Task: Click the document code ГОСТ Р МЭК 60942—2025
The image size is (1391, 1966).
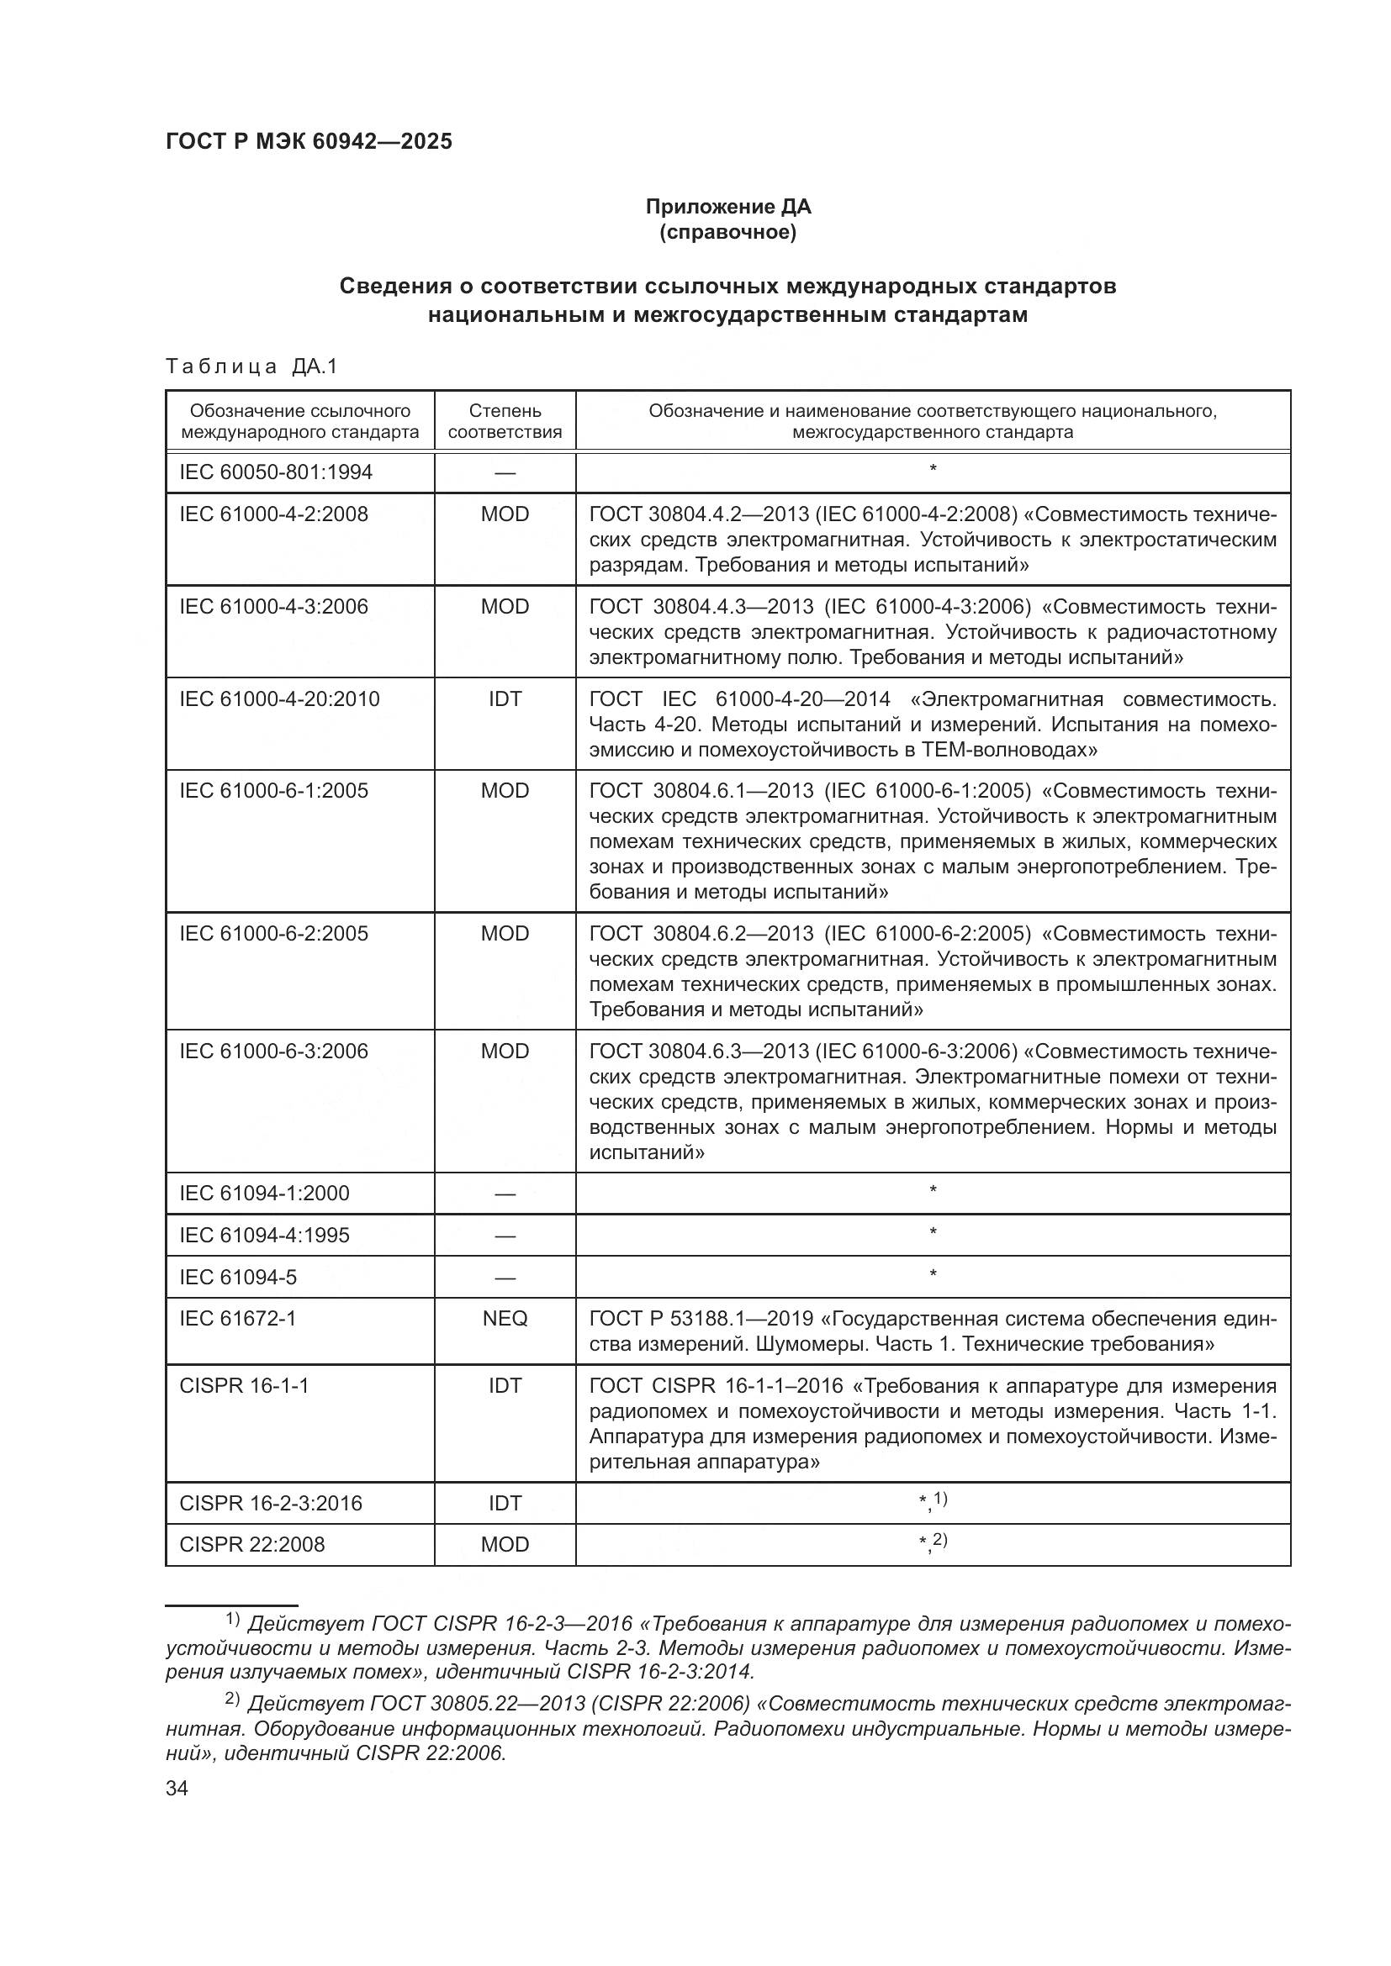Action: [309, 142]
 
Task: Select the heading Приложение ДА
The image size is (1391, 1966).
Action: [728, 207]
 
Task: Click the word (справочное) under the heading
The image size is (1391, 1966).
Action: [728, 233]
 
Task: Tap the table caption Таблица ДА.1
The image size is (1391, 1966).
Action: [251, 366]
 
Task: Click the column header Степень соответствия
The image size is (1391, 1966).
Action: [505, 420]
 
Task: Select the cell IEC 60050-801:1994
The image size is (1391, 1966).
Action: [276, 472]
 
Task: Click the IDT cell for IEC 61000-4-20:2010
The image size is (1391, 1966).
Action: [505, 698]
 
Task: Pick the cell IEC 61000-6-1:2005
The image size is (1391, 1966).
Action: [273, 790]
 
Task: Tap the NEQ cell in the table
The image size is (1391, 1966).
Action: [505, 1318]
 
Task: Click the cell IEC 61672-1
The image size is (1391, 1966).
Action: [237, 1318]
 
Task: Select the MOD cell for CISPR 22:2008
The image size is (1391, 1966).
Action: [505, 1544]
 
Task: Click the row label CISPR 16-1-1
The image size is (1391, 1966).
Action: [243, 1385]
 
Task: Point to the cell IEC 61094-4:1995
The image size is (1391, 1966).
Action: [264, 1235]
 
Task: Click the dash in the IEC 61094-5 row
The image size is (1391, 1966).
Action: [505, 1278]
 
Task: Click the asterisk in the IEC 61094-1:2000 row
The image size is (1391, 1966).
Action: [933, 1190]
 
